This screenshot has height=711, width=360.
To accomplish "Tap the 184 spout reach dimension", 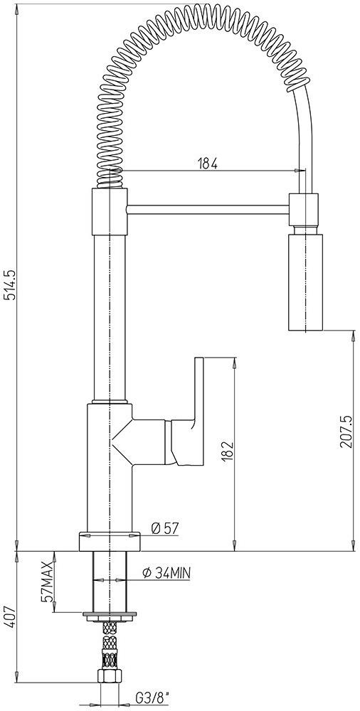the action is tap(208, 164).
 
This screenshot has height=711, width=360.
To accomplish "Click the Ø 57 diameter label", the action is tap(165, 528).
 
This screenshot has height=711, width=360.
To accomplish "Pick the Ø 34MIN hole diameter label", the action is tap(166, 573).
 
